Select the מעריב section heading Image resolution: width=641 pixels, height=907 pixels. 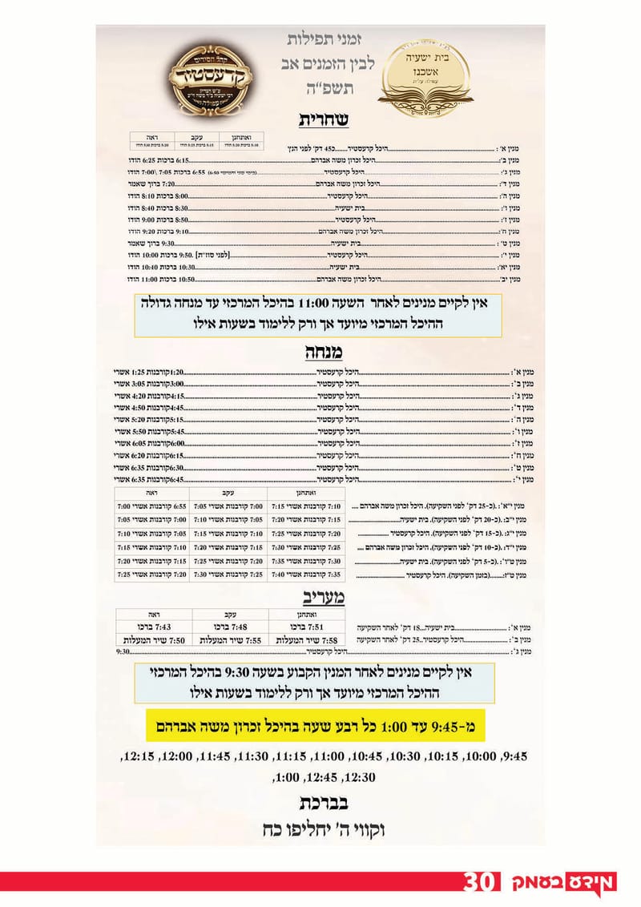(323, 595)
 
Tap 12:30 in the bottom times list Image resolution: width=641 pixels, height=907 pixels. (359, 776)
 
